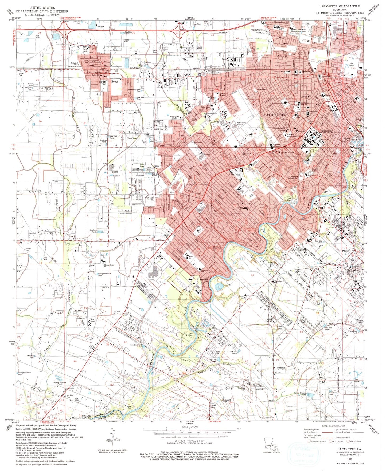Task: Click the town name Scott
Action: click(114, 81)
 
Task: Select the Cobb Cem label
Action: click(191, 334)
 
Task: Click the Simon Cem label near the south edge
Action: click(129, 407)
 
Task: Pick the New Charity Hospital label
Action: click(241, 124)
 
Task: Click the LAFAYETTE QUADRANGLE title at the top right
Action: click(341, 6)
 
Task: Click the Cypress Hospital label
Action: click(210, 114)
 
